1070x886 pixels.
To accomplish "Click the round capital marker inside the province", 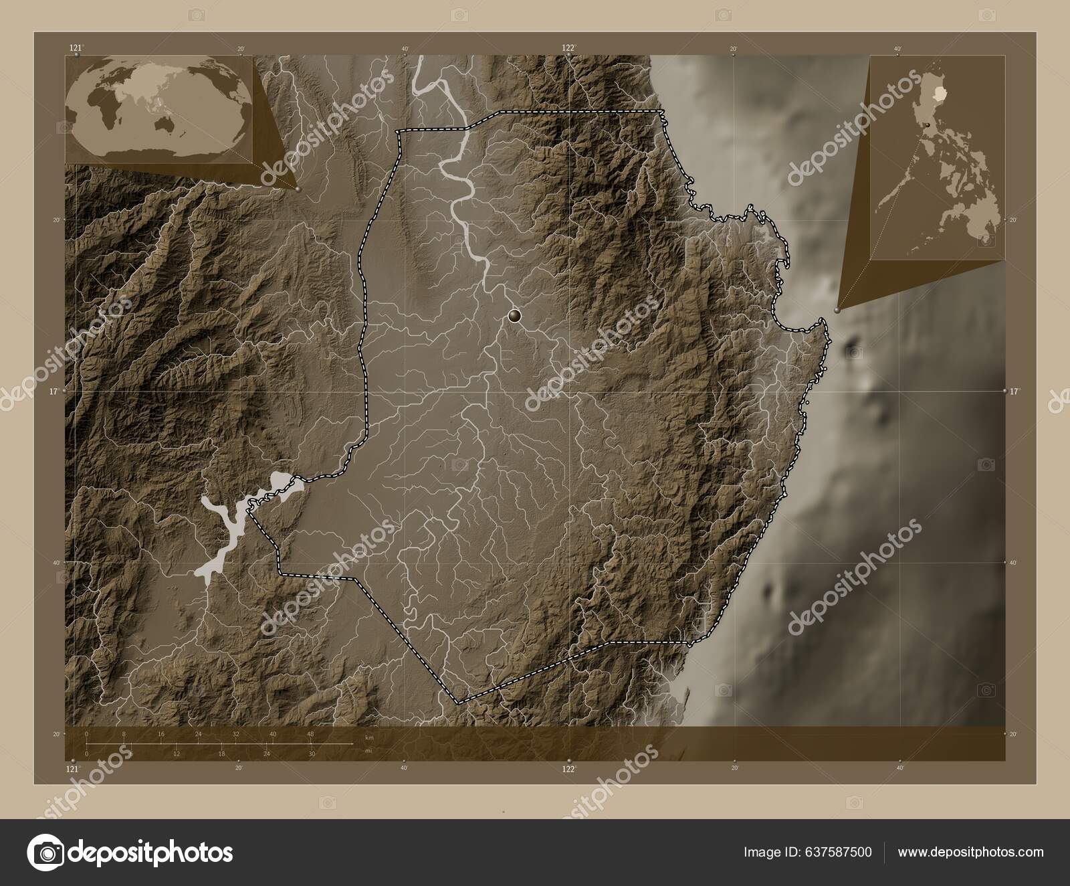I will [x=514, y=316].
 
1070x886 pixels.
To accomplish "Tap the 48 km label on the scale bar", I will [x=310, y=734].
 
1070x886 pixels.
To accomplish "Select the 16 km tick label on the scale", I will [x=161, y=734].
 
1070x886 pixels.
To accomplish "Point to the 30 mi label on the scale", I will [x=312, y=754].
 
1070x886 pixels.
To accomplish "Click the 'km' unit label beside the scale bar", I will [x=369, y=737].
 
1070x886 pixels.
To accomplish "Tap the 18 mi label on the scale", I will [x=221, y=754].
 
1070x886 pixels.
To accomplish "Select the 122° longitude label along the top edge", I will [x=568, y=48].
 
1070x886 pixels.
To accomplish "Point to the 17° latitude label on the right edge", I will [x=1014, y=391].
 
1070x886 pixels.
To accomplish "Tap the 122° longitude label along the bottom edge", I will [x=568, y=770].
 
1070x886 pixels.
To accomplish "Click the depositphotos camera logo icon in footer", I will [x=44, y=853].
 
